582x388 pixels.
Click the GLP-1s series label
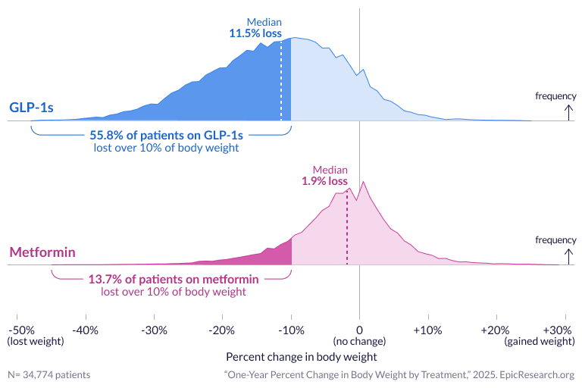[31, 108]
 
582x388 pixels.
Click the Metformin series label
[42, 252]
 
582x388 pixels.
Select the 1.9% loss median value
[324, 181]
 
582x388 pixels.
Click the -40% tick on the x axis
[86, 330]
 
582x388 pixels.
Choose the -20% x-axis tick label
[222, 330]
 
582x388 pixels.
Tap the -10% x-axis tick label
[291, 330]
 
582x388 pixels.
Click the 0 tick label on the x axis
[359, 330]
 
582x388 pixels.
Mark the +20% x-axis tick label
[496, 330]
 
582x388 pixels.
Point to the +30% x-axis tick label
[558, 330]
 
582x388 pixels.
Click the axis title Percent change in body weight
[301, 355]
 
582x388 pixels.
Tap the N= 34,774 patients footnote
[48, 374]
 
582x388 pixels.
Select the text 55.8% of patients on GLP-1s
[166, 135]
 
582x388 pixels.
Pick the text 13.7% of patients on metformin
[174, 279]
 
